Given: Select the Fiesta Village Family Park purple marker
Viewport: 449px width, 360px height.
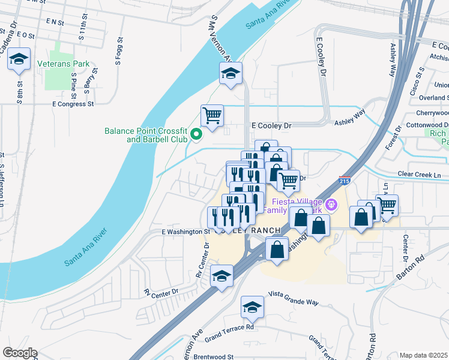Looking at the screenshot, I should [334, 206].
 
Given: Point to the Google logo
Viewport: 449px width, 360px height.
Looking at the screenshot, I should [19, 353].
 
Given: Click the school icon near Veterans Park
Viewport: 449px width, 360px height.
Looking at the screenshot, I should [19, 59].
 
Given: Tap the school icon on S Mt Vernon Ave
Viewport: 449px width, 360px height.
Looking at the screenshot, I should [231, 74].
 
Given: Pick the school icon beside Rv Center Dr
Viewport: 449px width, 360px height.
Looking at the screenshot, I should [221, 276].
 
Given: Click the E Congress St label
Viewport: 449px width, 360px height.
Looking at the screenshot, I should [74, 103].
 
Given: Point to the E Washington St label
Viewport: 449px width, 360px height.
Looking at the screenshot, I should [185, 231].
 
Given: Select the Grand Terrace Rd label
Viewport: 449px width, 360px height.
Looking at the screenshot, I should [229, 328].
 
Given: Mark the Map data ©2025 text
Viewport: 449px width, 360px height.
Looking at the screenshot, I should [424, 355].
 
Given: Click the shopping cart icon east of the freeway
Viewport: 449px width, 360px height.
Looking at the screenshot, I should [387, 205].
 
